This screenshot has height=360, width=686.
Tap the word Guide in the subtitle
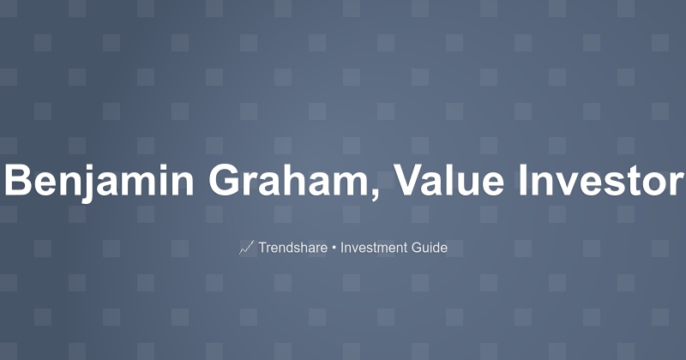pyautogui.click(x=430, y=249)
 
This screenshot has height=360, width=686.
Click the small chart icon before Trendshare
pyautogui.click(x=246, y=249)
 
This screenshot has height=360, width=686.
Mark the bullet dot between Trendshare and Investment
pyautogui.click(x=334, y=249)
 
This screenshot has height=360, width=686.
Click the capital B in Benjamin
pyautogui.click(x=19, y=183)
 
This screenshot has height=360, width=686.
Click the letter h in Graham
pyautogui.click(x=305, y=183)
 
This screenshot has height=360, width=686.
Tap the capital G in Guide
pyautogui.click(x=418, y=249)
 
